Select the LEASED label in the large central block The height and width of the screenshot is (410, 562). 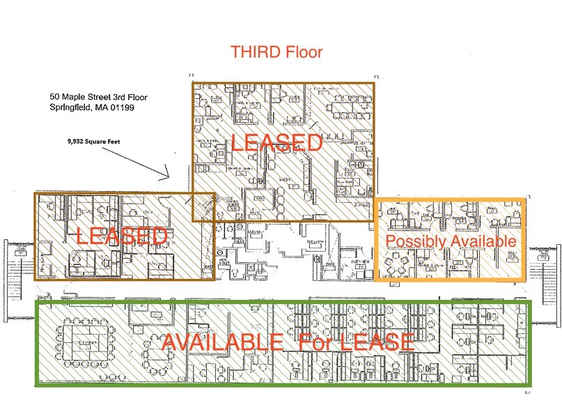click(276, 143)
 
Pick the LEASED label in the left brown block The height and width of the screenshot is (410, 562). click(122, 236)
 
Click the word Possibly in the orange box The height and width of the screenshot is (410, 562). click(415, 241)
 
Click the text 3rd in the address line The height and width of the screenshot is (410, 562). click(125, 96)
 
